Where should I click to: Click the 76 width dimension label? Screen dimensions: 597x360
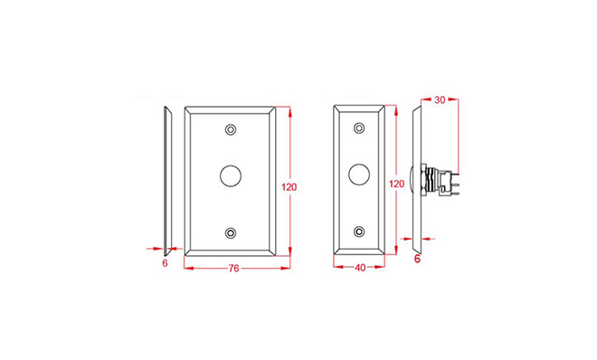point(233,269)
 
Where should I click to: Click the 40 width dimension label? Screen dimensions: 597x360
point(360,268)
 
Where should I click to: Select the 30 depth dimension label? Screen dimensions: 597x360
point(440,100)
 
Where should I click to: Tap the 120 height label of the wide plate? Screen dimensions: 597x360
point(289,187)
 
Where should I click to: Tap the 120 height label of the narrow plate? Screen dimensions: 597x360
point(396,184)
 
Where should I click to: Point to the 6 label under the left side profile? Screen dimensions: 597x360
point(165,263)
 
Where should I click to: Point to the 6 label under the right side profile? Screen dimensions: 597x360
point(417,259)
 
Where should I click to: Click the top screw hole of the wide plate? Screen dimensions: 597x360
point(231,129)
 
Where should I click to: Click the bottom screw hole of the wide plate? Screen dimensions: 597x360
point(231,232)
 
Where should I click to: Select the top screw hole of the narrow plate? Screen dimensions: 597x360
point(359,128)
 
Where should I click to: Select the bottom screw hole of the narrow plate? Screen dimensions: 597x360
point(359,232)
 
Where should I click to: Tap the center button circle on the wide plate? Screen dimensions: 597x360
point(231,175)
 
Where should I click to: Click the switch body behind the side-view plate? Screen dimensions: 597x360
point(434,180)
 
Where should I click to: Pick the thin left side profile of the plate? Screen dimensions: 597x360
point(168,181)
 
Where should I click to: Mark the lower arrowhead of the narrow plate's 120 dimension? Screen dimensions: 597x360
point(396,250)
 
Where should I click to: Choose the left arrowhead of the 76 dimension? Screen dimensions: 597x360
point(189,269)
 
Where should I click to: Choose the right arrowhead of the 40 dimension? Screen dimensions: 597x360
point(380,267)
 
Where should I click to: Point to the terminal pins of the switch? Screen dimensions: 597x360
point(454,185)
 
